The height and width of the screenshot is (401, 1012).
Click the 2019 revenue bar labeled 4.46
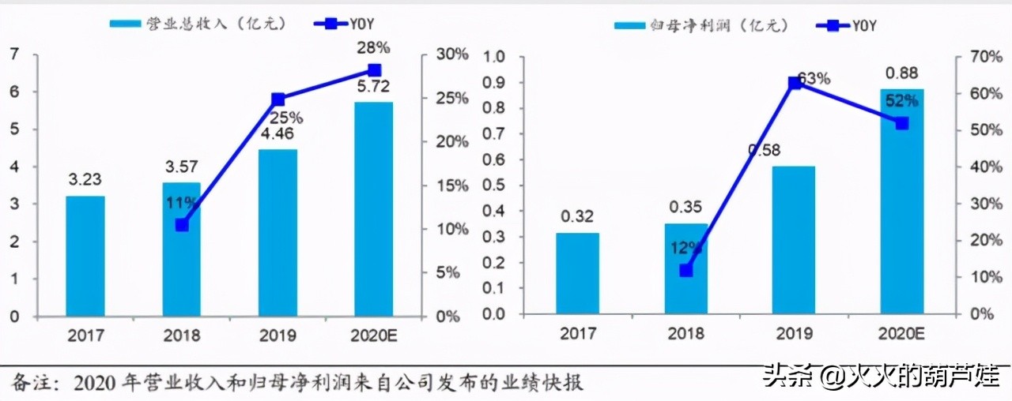278,232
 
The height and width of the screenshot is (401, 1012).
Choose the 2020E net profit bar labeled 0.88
901,200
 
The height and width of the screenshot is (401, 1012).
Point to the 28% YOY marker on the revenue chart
375,70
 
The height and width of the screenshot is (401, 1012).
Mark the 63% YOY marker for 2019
795,82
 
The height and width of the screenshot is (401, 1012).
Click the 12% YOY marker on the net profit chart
685,270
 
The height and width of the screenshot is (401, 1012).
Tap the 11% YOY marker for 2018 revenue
182,225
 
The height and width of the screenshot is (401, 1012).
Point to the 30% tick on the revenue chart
451,54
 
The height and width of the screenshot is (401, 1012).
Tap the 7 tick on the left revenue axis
13,54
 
